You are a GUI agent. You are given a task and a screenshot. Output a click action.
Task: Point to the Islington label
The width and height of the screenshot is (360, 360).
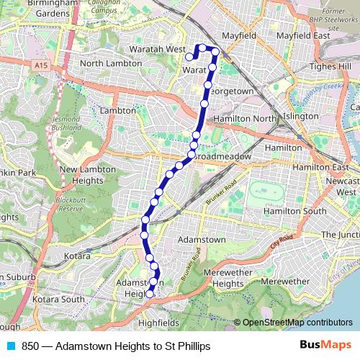(x=301, y=115)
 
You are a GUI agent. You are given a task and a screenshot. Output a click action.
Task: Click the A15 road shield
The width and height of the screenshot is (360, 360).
(x=41, y=65)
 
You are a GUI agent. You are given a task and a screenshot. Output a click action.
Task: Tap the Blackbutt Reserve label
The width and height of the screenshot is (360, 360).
(x=71, y=202)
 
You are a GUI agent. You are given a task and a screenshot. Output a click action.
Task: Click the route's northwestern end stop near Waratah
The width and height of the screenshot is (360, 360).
(x=189, y=57)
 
